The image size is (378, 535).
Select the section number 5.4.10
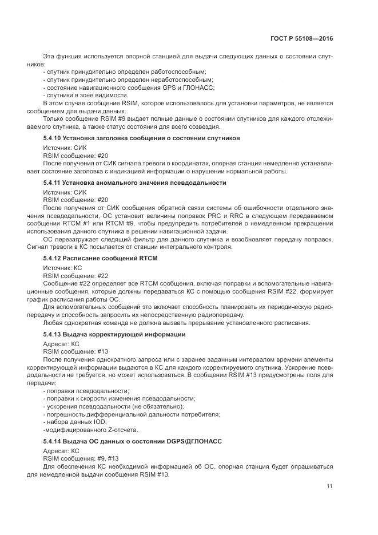(x=53, y=138)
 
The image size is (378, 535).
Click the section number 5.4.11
(x=53, y=183)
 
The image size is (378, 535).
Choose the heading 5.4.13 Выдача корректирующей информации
(x=114, y=334)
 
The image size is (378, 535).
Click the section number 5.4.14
(x=53, y=441)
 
